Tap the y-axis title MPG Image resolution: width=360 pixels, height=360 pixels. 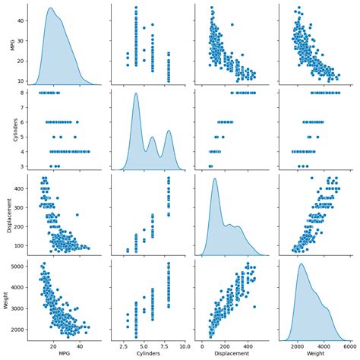pyautogui.click(x=8, y=43)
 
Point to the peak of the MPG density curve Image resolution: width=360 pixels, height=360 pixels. pyautogui.click(x=51, y=9)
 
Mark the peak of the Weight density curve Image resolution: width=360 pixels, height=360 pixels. pyautogui.click(x=302, y=264)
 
